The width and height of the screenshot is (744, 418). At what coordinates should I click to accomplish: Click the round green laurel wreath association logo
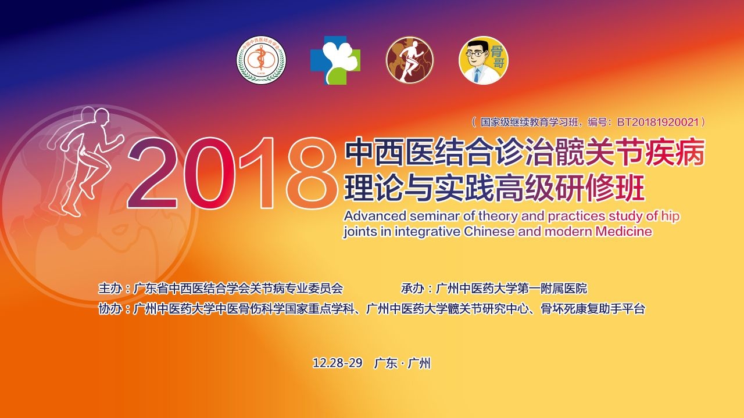(261, 60)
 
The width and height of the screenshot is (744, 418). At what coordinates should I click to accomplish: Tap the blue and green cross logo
(335, 60)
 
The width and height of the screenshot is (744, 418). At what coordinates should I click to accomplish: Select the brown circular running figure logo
(410, 60)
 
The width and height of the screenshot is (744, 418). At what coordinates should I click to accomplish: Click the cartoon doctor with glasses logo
(484, 60)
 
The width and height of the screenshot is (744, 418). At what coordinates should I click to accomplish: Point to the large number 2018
(231, 173)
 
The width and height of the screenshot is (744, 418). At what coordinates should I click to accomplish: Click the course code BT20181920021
(657, 122)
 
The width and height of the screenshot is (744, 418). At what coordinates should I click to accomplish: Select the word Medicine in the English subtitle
(624, 231)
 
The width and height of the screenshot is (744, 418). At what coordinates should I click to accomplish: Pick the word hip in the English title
(670, 217)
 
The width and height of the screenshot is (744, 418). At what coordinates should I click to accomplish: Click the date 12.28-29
(338, 363)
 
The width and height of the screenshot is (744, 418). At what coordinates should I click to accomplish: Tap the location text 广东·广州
(402, 363)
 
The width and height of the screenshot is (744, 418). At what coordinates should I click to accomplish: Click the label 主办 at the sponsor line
(110, 288)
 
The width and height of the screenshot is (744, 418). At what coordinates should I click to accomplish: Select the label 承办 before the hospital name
(412, 288)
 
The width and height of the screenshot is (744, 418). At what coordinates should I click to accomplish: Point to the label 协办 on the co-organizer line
(110, 308)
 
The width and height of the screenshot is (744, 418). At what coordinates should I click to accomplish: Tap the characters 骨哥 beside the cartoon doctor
(497, 57)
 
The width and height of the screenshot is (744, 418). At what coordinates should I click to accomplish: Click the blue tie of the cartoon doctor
(477, 75)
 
